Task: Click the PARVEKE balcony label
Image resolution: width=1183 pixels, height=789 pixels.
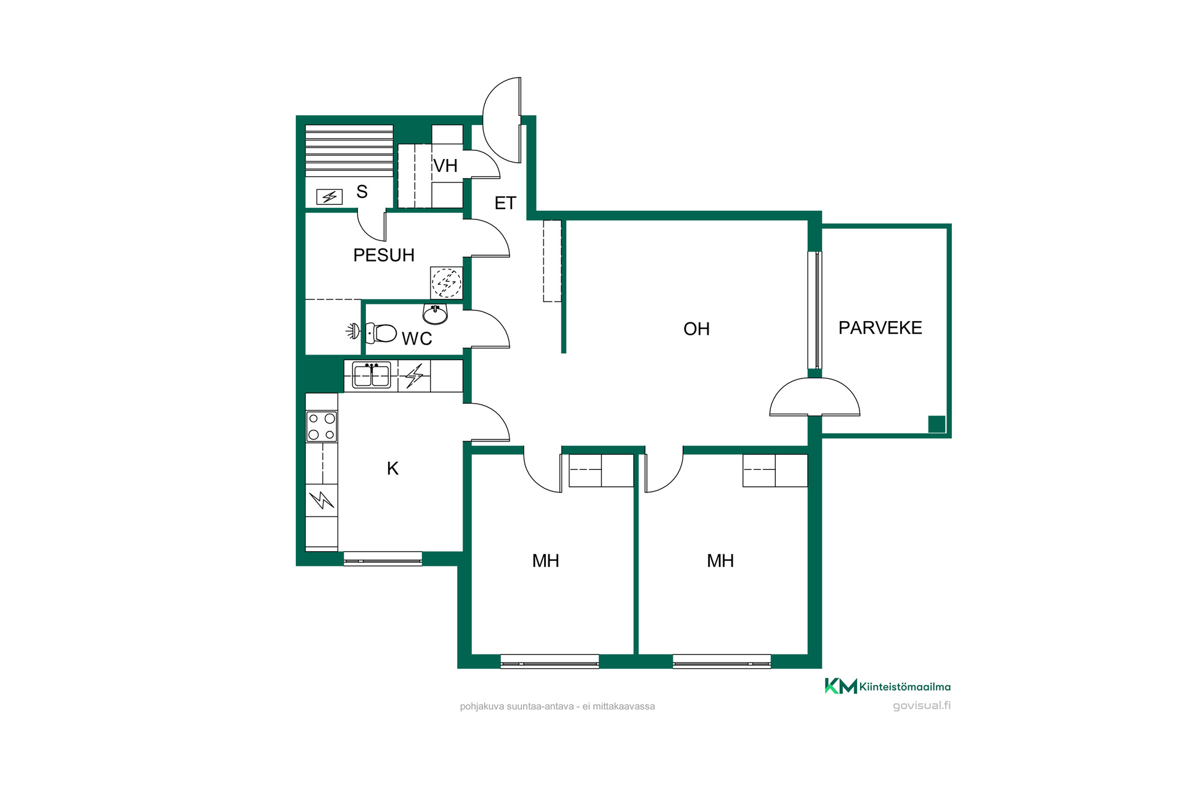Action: (x=880, y=328)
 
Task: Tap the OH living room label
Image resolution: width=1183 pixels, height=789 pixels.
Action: (x=696, y=329)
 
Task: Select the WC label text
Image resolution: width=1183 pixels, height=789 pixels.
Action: (x=417, y=338)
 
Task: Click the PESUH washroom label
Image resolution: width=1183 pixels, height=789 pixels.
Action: (x=383, y=255)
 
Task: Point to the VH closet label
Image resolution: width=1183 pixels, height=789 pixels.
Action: (x=445, y=166)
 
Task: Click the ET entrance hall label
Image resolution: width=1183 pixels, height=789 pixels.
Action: (x=505, y=203)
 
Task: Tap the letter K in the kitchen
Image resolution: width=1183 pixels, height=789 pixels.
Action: (x=392, y=468)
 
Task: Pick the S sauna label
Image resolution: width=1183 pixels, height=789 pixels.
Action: (x=362, y=192)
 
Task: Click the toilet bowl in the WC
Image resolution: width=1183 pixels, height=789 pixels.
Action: (x=381, y=333)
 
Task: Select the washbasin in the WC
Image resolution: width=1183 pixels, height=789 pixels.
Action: (x=435, y=314)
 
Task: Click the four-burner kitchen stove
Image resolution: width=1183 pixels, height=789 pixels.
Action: (x=322, y=427)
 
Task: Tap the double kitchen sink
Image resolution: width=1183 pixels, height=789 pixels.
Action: (x=372, y=375)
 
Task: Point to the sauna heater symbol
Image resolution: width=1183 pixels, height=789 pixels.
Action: (x=329, y=197)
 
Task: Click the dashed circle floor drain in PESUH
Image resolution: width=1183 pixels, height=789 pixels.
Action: (x=446, y=283)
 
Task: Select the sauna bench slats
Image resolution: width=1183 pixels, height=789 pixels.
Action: (x=349, y=151)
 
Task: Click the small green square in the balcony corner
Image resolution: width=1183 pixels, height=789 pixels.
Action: (x=937, y=424)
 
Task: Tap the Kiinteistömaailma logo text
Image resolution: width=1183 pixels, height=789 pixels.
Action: (x=905, y=687)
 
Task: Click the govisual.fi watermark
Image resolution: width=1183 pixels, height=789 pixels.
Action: (x=922, y=706)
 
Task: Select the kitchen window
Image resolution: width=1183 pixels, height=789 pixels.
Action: (x=383, y=558)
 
